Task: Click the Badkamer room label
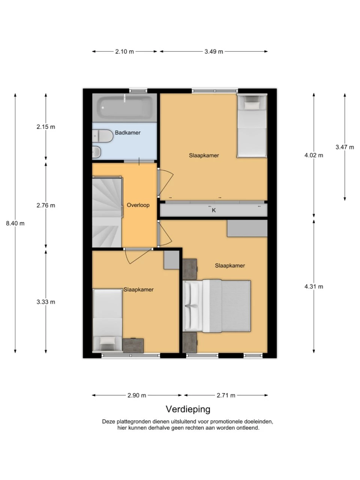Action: (127, 132)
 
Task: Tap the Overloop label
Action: (138, 205)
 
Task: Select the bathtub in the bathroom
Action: (124, 108)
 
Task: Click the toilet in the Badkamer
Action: (102, 136)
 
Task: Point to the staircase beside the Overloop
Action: (107, 211)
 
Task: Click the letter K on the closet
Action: (214, 210)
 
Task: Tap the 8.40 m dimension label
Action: (15, 223)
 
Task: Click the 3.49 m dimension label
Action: (214, 52)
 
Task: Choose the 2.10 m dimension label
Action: (124, 52)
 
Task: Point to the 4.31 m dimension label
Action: (313, 286)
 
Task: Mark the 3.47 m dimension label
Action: (345, 147)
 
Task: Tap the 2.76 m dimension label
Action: (46, 205)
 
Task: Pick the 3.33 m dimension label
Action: (46, 302)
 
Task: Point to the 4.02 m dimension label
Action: (313, 155)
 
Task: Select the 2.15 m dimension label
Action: (46, 127)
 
